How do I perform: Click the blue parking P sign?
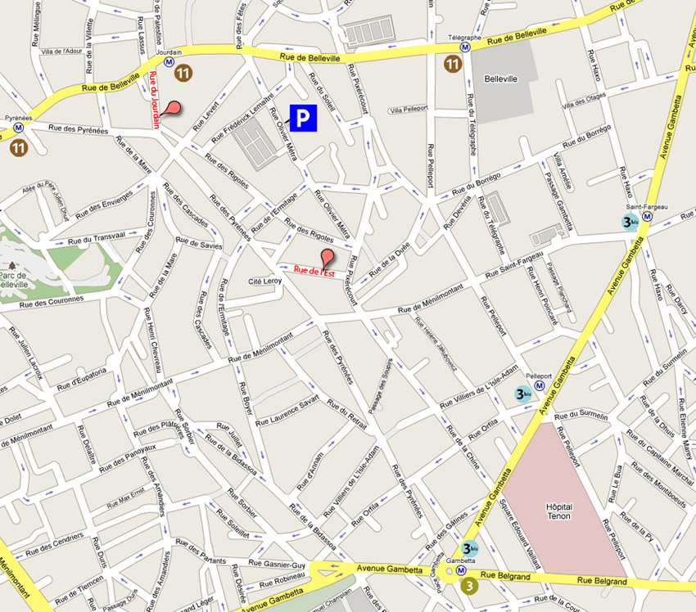pyautogui.click(x=303, y=119)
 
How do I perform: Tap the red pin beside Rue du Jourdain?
pyautogui.click(x=172, y=107)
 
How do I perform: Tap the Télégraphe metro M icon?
pyautogui.click(x=464, y=47)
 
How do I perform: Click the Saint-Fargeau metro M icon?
pyautogui.click(x=647, y=218)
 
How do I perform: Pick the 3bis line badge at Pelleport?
pyautogui.click(x=522, y=394)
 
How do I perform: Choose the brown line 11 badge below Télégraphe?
pyautogui.click(x=451, y=64)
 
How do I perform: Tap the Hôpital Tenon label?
pyautogui.click(x=558, y=512)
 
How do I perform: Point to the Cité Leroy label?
pyautogui.click(x=264, y=281)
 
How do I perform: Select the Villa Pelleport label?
pyautogui.click(x=409, y=110)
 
